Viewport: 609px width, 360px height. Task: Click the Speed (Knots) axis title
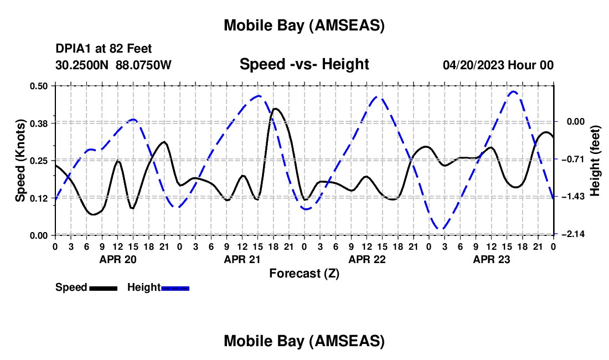(x=20, y=161)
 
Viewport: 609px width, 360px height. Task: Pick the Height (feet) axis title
(x=596, y=161)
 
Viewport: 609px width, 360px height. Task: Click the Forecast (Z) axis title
(x=304, y=273)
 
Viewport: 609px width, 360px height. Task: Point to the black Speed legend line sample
(x=104, y=287)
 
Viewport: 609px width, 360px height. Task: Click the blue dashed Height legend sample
(x=176, y=287)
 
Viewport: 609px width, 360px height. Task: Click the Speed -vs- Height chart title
(x=304, y=64)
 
